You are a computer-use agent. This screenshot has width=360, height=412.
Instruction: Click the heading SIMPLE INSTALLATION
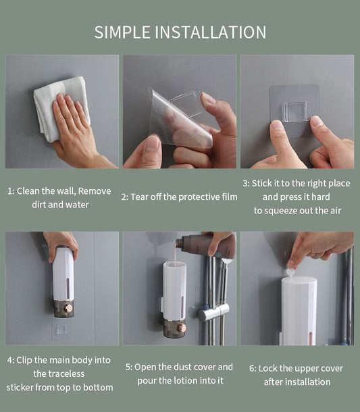(x=180, y=32)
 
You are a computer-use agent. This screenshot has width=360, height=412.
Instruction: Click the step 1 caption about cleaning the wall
(x=59, y=197)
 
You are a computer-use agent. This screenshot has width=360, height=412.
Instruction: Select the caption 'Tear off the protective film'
(x=179, y=197)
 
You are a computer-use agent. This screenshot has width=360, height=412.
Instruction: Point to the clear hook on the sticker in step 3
(x=297, y=111)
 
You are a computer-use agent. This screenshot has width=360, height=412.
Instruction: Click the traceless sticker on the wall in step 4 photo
(x=61, y=330)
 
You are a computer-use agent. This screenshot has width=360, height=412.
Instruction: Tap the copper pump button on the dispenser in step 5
(x=180, y=328)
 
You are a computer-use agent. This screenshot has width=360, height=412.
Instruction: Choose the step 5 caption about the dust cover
(x=179, y=374)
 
